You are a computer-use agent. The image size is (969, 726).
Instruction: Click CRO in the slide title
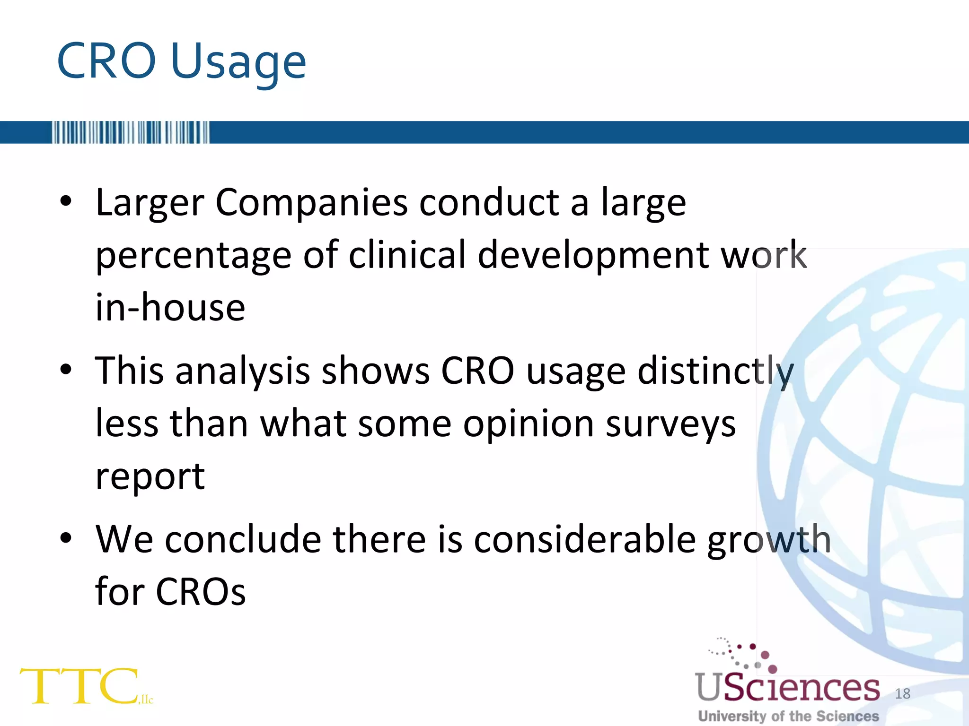point(106,61)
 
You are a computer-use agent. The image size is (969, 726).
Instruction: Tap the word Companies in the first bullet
point(311,203)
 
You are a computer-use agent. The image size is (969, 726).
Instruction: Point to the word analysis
point(243,372)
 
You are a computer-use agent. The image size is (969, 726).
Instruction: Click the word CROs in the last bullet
point(201,592)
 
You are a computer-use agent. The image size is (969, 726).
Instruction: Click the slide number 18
point(902,693)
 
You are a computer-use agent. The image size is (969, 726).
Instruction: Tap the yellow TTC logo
point(79,686)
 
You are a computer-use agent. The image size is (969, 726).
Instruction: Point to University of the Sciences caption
point(788,716)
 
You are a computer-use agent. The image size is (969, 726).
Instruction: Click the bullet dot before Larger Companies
point(66,202)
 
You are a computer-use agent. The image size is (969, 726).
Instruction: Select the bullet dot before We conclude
point(66,538)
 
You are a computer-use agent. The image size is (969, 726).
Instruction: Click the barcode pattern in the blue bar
point(130,132)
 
